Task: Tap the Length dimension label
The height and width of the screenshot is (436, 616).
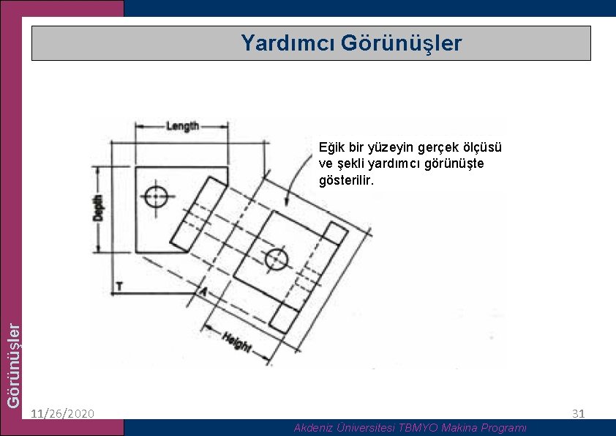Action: click(x=182, y=126)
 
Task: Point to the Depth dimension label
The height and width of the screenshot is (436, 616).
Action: click(x=99, y=207)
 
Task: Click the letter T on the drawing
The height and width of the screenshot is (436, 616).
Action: click(x=118, y=286)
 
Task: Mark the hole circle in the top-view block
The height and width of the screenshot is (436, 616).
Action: click(x=156, y=196)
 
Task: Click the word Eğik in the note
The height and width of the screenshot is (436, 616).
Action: click(x=331, y=147)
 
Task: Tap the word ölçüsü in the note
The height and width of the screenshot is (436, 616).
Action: click(x=481, y=147)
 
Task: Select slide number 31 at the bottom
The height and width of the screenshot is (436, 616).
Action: click(x=578, y=414)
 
